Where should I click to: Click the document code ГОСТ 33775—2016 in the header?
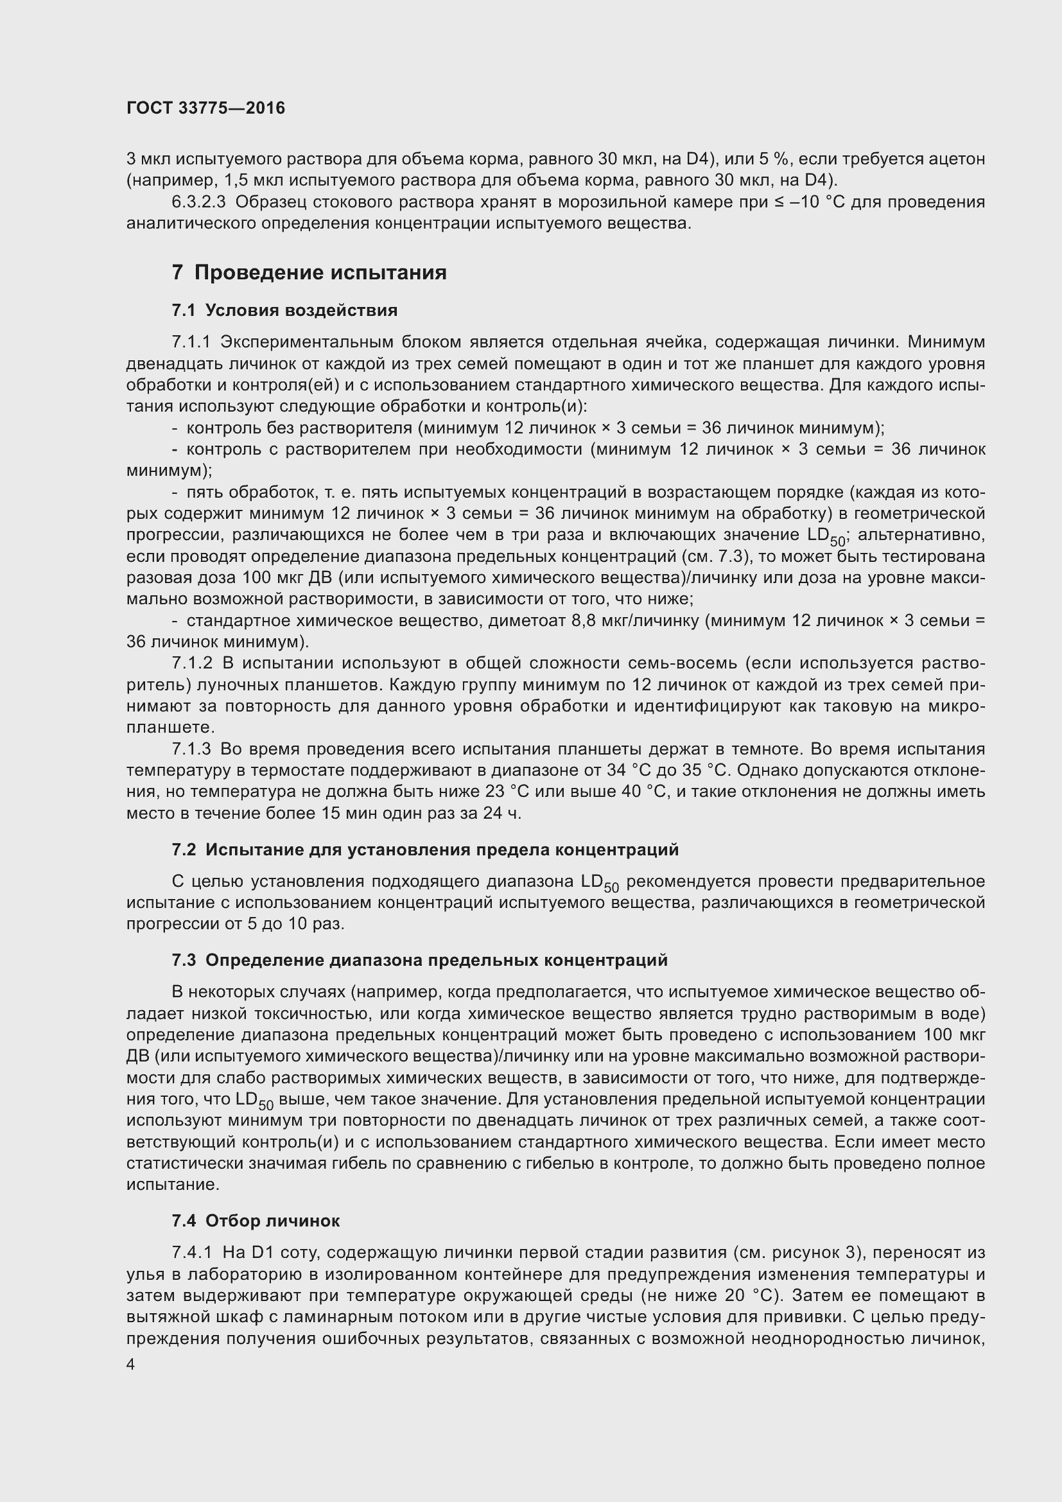[x=205, y=108]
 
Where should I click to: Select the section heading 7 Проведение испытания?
[x=309, y=272]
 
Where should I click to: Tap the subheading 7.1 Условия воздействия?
[x=284, y=310]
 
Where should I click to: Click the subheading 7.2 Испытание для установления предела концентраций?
[x=425, y=850]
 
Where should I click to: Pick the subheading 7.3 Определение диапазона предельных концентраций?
[x=420, y=960]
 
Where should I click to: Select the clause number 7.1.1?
[x=191, y=342]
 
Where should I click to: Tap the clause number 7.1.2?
[x=192, y=663]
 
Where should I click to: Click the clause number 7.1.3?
[x=191, y=749]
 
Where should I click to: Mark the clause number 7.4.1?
[x=192, y=1253]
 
